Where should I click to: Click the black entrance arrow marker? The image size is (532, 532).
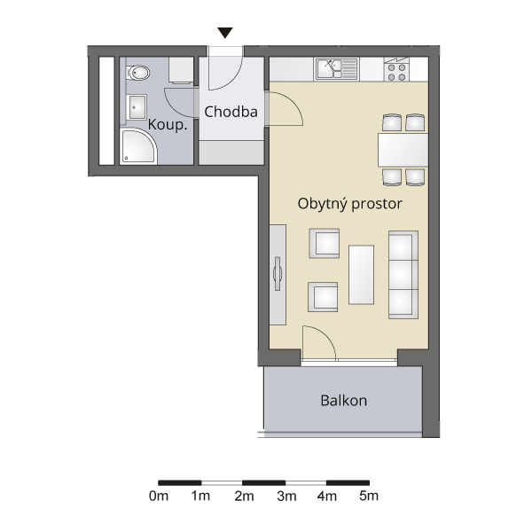pyautogui.click(x=225, y=33)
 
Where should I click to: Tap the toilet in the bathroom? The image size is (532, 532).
pyautogui.click(x=138, y=73)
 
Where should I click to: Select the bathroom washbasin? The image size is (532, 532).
pyautogui.click(x=137, y=107)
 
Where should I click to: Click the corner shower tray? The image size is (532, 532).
pyautogui.click(x=138, y=146)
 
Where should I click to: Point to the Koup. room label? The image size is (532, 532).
pyautogui.click(x=168, y=125)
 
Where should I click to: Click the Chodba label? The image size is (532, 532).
pyautogui.click(x=231, y=112)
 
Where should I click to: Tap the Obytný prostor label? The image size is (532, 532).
pyautogui.click(x=350, y=204)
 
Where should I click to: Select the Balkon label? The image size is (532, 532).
pyautogui.click(x=344, y=401)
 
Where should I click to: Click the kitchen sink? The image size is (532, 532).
pyautogui.click(x=337, y=69)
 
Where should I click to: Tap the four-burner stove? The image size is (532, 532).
pyautogui.click(x=396, y=69)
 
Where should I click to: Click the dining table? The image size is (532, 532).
pyautogui.click(x=403, y=150)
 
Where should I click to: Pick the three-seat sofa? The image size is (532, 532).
pyautogui.click(x=403, y=275)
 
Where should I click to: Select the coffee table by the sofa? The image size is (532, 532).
pyautogui.click(x=362, y=275)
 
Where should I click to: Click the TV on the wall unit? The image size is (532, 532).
pyautogui.click(x=278, y=273)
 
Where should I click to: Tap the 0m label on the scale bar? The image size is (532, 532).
pyautogui.click(x=159, y=496)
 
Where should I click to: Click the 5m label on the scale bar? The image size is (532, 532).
pyautogui.click(x=369, y=496)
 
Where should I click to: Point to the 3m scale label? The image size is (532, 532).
pyautogui.click(x=286, y=496)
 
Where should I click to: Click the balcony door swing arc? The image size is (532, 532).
pyautogui.click(x=324, y=336)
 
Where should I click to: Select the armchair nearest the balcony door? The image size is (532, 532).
pyautogui.click(x=323, y=297)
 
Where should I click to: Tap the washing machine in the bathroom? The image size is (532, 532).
pyautogui.click(x=181, y=70)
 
